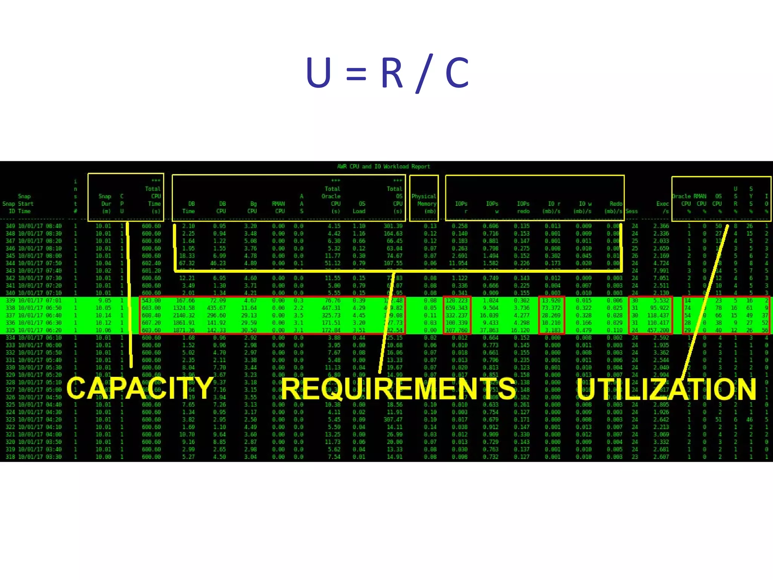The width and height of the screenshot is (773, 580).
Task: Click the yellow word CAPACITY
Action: pos(140,388)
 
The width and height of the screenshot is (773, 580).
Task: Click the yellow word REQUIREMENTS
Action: pos(398,389)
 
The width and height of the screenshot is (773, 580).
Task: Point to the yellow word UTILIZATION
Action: pos(666,389)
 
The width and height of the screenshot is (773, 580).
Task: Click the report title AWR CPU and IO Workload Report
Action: pos(383,167)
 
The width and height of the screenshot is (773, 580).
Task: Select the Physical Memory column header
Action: pos(424,204)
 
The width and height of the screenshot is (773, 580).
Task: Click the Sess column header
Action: pos(631,211)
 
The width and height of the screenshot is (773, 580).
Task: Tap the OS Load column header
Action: pos(359,207)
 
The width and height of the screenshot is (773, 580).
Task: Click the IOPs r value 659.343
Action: pos(456,308)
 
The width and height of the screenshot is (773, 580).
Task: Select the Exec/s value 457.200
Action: pos(658,330)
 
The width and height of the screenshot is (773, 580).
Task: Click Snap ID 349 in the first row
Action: pos(10,226)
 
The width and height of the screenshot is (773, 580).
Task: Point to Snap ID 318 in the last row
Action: pos(10,457)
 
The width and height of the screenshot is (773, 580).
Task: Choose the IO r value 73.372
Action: pos(551,308)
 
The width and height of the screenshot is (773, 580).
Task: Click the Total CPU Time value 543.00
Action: pos(151,301)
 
